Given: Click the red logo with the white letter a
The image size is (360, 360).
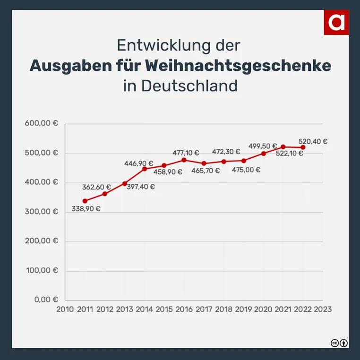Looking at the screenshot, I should (x=336, y=22).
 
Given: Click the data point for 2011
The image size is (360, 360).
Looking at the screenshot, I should (x=85, y=201).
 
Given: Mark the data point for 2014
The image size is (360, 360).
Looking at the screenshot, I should (x=145, y=169).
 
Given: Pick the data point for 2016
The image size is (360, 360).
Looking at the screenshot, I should (x=184, y=160).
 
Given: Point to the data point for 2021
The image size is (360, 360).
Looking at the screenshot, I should (x=283, y=147).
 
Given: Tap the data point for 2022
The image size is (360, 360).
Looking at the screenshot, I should (x=303, y=147).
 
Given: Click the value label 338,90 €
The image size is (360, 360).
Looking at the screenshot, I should (x=86, y=208).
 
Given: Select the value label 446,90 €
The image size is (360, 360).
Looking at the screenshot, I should (x=139, y=163).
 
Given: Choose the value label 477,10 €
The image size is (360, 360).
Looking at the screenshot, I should (x=185, y=153).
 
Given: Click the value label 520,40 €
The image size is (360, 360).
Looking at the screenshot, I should (x=313, y=141).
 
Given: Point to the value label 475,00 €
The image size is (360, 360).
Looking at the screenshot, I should (x=246, y=170).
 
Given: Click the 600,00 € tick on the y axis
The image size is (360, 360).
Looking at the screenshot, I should (x=41, y=124).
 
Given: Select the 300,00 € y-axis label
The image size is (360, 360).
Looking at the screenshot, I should (x=41, y=212).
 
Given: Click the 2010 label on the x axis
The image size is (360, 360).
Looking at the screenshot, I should (x=65, y=309).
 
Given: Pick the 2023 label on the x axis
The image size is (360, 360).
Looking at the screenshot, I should (x=323, y=309).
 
